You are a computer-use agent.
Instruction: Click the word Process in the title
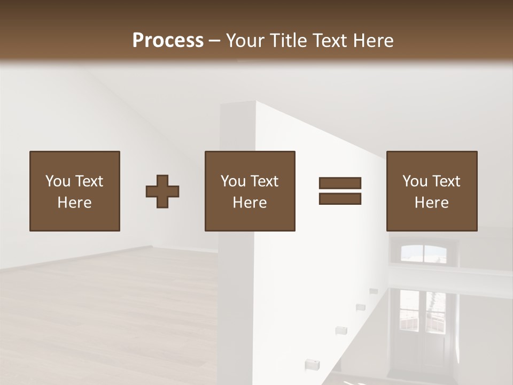pos(168,41)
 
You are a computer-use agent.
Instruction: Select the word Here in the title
pos(374,41)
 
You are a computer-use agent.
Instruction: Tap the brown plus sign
pos(162,191)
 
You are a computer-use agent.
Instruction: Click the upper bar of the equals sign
pos(340,183)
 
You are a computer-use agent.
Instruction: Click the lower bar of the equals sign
pos(340,199)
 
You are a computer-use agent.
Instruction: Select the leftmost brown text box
pos(75,191)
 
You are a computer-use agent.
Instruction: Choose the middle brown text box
pos(250,191)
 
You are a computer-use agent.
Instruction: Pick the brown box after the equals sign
pos(432,191)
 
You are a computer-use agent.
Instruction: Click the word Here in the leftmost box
pos(75,203)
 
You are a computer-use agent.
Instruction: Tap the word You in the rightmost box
pos(415,181)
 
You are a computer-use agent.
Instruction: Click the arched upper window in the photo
pos(423,253)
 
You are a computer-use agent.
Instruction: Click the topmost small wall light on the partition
pos(372,291)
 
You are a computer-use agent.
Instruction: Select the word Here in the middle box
pos(250,203)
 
